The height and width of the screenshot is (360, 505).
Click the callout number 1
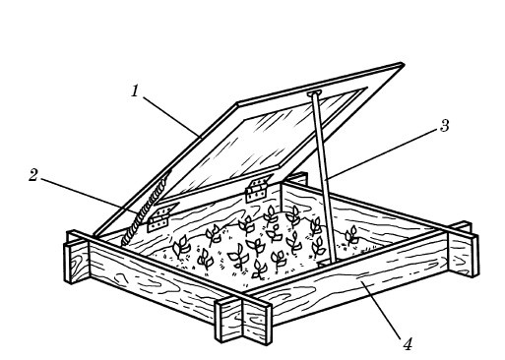(x=135, y=90)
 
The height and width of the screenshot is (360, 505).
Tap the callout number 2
(x=33, y=175)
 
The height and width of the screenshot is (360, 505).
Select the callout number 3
(x=444, y=126)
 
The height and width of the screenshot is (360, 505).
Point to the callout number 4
(x=408, y=344)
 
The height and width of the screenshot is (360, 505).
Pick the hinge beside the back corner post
(x=258, y=189)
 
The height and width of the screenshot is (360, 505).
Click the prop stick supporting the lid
(x=322, y=179)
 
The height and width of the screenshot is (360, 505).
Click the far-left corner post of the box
(x=76, y=256)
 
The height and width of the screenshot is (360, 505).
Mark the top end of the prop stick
(x=313, y=94)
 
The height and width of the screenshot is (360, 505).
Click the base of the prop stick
(x=331, y=262)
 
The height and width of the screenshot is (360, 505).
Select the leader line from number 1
(x=171, y=117)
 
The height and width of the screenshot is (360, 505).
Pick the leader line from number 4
(x=381, y=310)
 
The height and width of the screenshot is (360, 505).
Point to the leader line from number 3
(x=382, y=154)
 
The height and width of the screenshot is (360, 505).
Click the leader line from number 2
(x=91, y=197)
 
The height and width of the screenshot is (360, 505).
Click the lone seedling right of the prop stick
(x=351, y=235)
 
